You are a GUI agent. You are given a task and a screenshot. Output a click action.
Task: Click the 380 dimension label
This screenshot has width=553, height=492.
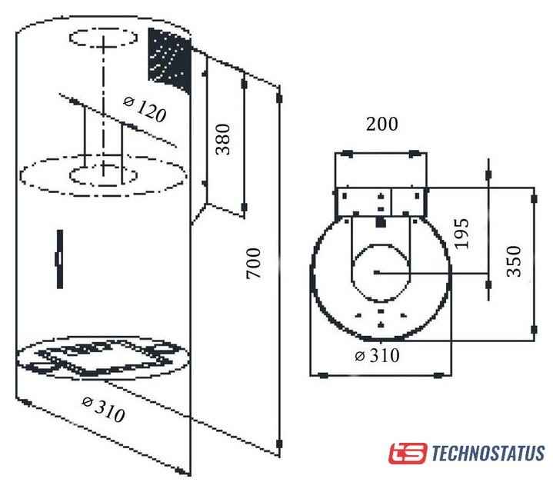[x=223, y=140]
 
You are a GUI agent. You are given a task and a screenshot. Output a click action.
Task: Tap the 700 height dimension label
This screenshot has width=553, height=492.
[x=253, y=264]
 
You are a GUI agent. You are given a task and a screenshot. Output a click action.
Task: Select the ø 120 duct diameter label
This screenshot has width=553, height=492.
[x=145, y=110]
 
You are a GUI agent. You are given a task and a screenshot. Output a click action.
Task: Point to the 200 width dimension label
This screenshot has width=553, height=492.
[x=382, y=124]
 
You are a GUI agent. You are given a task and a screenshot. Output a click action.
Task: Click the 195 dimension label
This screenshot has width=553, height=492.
[x=461, y=234]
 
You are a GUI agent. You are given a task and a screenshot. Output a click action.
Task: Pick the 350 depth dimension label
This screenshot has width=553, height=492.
[x=514, y=261]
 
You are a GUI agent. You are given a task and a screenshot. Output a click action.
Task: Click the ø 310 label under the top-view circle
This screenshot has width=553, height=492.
[x=377, y=355]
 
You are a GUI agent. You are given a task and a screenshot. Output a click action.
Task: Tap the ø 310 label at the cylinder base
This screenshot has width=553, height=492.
[x=103, y=410]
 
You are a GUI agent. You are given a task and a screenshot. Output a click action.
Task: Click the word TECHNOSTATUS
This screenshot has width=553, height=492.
[x=488, y=453]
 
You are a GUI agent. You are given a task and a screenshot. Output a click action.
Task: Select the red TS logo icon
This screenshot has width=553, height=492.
[x=408, y=454]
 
